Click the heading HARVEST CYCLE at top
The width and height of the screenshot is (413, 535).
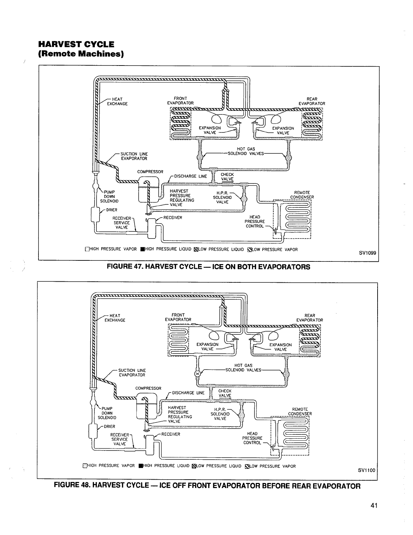76,44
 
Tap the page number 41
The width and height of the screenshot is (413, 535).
373,506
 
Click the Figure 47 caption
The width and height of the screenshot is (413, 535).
208,267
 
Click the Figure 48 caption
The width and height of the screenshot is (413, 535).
207,486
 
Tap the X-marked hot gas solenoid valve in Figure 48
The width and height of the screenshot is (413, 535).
198,374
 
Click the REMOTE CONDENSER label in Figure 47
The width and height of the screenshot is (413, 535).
302,195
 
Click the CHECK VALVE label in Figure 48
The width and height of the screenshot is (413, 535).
225,393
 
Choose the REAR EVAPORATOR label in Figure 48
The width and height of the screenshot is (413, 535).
309,318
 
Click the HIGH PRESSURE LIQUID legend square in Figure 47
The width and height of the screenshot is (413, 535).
143,250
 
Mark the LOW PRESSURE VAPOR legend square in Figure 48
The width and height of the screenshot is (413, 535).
247,466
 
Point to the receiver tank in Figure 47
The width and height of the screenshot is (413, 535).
151,224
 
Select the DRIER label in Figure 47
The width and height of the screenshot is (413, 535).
111,210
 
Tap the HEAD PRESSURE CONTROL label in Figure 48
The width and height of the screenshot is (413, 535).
252,438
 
